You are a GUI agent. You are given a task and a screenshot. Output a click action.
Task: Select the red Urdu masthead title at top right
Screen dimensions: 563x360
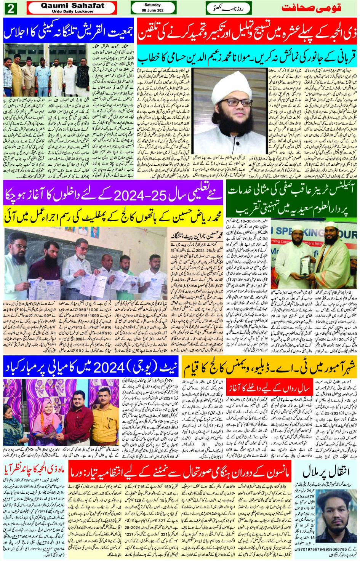pos(311,8)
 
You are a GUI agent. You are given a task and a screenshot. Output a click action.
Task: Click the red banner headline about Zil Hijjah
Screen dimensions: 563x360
pos(247,34)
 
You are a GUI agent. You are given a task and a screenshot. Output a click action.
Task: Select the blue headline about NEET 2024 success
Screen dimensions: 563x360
pos(91,368)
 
